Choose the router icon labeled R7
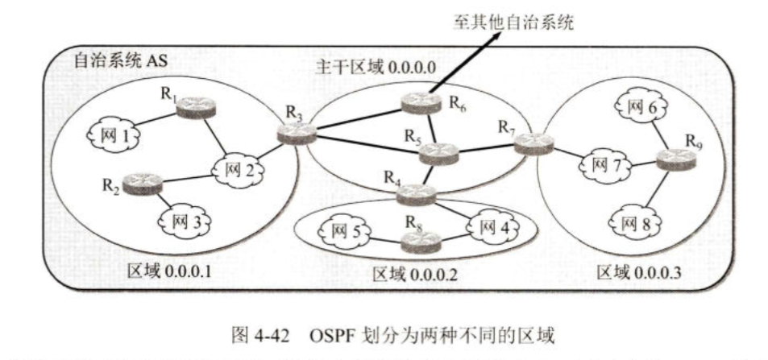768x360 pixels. pyautogui.click(x=533, y=143)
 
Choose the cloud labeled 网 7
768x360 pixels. pyautogui.click(x=600, y=166)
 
